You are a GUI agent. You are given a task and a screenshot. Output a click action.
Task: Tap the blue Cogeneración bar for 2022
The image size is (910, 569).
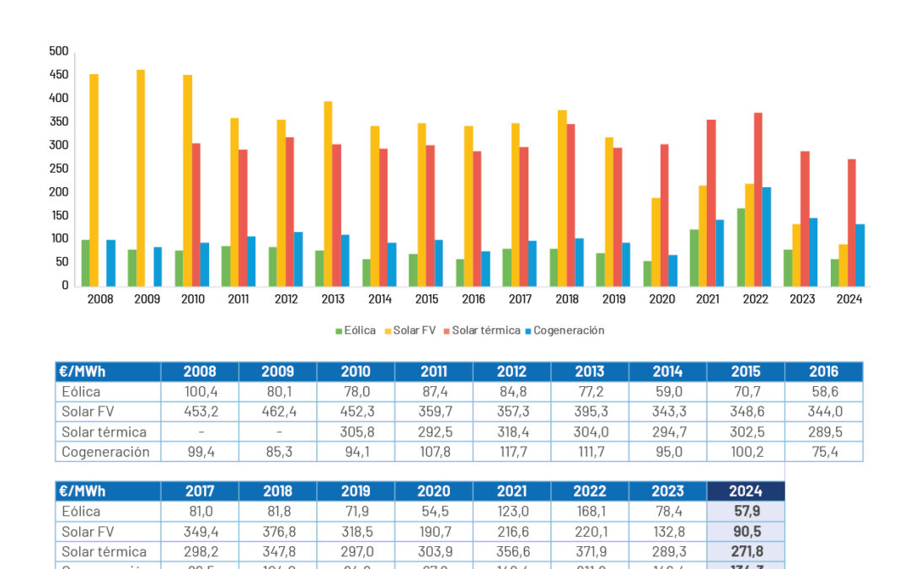click(767, 237)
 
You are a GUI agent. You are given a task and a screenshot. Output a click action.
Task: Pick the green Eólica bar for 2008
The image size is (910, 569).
click(86, 263)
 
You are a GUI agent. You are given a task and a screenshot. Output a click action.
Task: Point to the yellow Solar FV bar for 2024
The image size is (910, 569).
click(843, 265)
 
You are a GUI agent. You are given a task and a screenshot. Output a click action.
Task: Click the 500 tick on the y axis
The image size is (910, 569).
click(59, 51)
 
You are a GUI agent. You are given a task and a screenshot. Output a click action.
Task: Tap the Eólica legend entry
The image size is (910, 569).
click(356, 330)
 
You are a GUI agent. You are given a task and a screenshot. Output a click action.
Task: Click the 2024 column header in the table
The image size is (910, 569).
click(746, 491)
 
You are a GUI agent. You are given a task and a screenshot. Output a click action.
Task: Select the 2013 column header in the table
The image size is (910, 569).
click(590, 372)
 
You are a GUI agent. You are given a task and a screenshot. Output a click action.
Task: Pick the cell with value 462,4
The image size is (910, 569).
click(277, 411)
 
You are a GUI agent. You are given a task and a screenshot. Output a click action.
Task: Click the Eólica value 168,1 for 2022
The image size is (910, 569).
click(589, 511)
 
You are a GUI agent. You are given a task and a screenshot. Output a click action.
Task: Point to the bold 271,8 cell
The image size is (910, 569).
click(746, 551)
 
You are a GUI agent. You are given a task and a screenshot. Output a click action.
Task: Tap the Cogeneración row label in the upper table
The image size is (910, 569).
click(105, 452)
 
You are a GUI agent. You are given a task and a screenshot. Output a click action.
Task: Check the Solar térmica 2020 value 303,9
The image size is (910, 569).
click(434, 551)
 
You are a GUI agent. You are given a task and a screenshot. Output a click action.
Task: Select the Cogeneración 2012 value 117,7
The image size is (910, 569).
click(511, 452)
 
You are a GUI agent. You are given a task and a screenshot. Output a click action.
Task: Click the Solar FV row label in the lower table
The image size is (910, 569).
click(93, 531)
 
